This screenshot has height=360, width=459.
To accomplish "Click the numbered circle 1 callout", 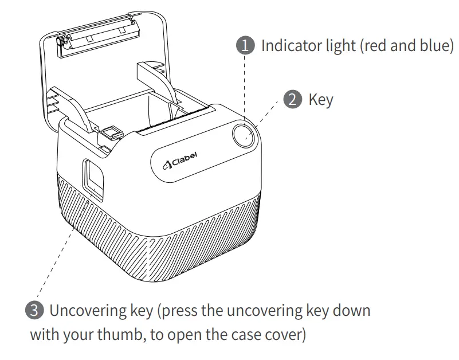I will [x=245, y=46].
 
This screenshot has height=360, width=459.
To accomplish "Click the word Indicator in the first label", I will [x=288, y=46].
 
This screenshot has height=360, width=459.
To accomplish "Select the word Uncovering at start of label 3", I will [x=83, y=311].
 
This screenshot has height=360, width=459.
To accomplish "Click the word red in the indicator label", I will [x=378, y=46].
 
